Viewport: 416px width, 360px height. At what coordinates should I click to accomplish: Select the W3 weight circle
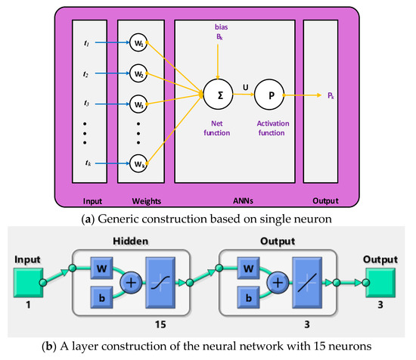coord(138,103)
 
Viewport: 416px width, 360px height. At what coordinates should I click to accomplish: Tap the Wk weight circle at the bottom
coord(138,162)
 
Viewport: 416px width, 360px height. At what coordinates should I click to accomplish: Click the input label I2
coord(87,74)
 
